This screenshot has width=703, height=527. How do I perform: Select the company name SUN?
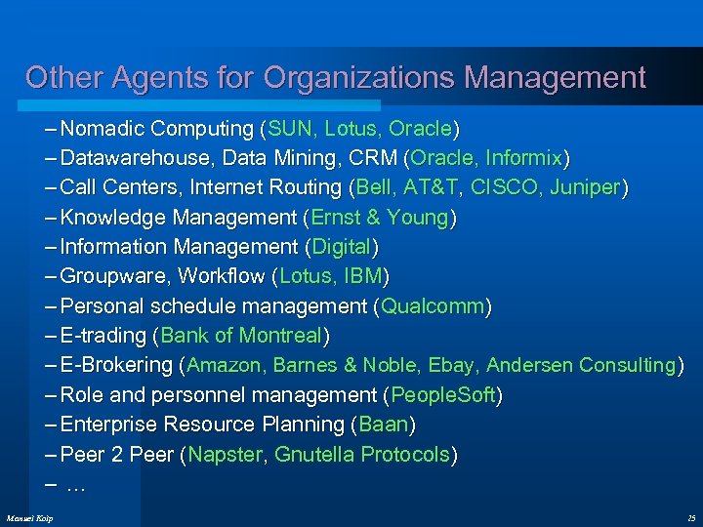tap(290, 129)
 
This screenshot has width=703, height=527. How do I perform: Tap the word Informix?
tap(523, 158)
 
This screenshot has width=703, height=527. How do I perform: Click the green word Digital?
tap(342, 247)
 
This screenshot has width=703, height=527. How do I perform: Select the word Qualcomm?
tap(433, 306)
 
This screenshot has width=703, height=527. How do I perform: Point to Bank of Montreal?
tap(241, 336)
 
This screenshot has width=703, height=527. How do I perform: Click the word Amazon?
tap(226, 366)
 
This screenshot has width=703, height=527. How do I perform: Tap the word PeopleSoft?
tap(444, 395)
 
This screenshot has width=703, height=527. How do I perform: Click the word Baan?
tap(384, 426)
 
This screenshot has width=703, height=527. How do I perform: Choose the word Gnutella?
tap(314, 455)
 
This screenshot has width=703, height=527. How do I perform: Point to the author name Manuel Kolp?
tap(29, 516)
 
